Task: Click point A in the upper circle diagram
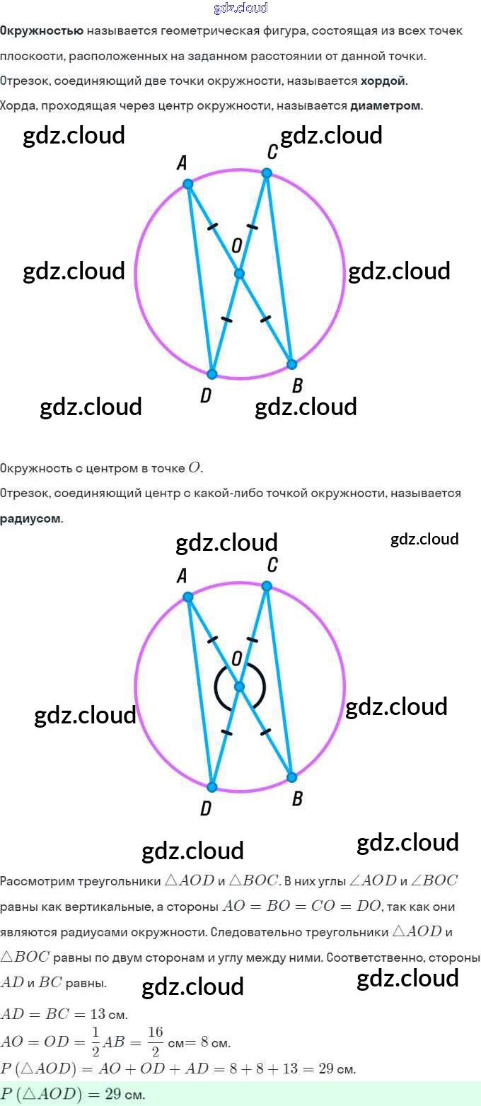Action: [x=187, y=184]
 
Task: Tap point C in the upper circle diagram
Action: [x=267, y=173]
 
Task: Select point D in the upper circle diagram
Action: [x=211, y=374]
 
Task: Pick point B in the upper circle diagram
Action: [x=291, y=364]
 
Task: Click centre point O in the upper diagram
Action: [x=239, y=274]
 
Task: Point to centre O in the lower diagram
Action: [x=239, y=687]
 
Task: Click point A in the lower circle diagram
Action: [x=187, y=597]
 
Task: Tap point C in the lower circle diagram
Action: [x=267, y=586]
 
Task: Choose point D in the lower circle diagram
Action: [x=211, y=787]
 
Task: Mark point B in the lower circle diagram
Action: [x=291, y=777]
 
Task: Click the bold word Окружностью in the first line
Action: [x=42, y=31]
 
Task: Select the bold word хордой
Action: [x=384, y=81]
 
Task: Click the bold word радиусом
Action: [x=30, y=518]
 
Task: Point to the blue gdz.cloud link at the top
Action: [x=240, y=8]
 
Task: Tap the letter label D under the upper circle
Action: [x=206, y=396]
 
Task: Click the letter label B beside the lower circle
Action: [x=297, y=798]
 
